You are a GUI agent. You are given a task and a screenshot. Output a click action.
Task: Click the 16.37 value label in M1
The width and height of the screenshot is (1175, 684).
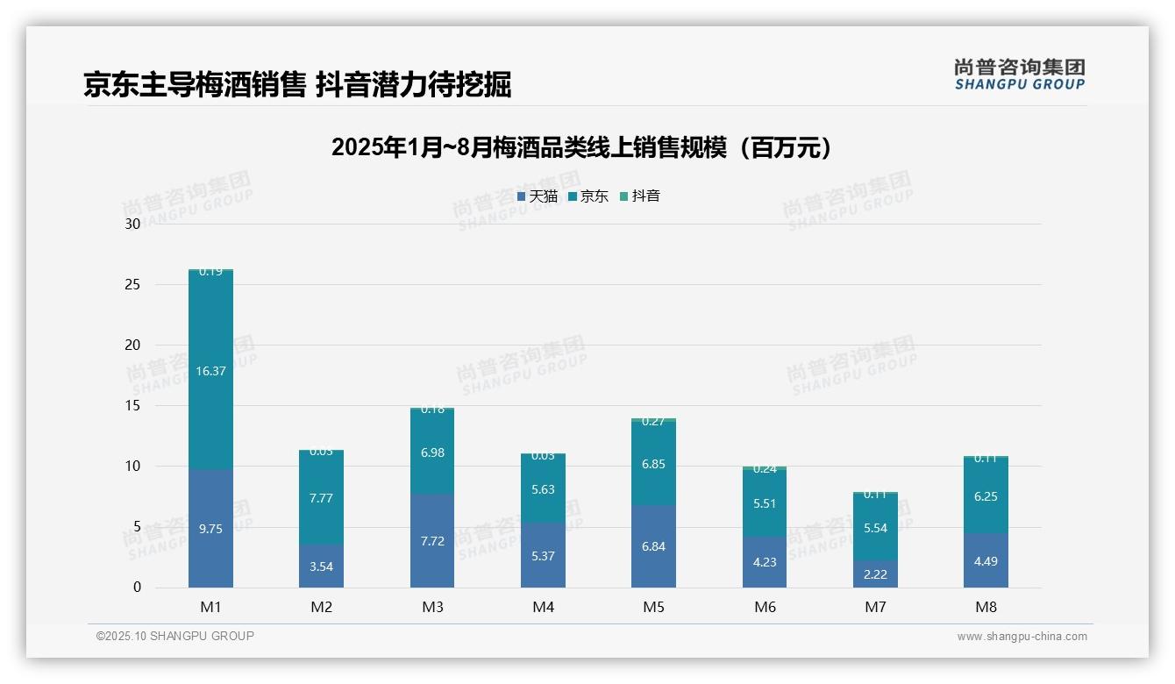point(210,371)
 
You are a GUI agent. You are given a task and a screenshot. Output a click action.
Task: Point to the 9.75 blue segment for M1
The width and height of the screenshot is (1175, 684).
point(210,529)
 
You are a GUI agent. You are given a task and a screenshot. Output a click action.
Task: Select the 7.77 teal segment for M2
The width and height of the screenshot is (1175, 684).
point(321,498)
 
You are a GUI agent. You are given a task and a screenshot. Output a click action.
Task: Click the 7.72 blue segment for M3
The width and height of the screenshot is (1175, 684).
point(432,541)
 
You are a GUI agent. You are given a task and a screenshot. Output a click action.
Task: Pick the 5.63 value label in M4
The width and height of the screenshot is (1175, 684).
point(543,489)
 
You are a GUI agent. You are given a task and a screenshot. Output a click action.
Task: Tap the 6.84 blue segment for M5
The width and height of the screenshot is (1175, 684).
point(653,546)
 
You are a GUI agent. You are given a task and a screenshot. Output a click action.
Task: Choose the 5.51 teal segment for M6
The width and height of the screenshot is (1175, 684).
point(765,503)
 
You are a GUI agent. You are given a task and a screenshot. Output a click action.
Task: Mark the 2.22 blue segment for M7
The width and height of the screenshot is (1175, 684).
point(875,574)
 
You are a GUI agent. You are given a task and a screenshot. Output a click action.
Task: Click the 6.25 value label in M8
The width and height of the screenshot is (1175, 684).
point(986,495)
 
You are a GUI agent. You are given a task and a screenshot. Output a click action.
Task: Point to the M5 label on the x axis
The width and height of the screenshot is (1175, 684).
point(653,607)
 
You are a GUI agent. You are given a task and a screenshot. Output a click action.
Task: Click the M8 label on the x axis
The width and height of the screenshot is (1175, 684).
point(986,607)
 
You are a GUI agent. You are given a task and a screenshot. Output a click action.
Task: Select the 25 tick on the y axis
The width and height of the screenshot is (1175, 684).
point(132,284)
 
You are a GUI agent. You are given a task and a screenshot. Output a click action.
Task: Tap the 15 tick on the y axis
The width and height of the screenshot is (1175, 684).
point(132,405)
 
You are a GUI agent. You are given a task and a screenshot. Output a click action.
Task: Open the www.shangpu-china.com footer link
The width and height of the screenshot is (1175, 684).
point(1022,637)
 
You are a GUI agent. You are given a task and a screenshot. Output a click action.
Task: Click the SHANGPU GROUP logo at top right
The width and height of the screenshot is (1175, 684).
point(1019,75)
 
